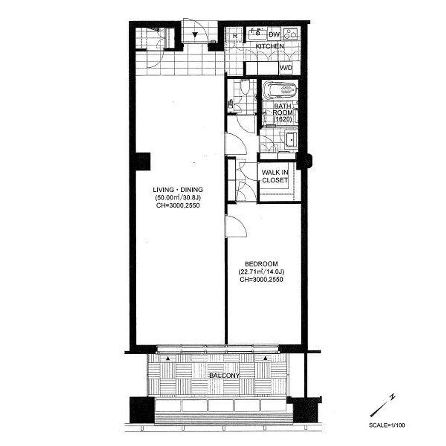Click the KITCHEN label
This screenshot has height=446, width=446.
coord(269,46)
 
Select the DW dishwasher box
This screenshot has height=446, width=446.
coord(274,35)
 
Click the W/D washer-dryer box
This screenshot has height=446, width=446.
coord(287,68)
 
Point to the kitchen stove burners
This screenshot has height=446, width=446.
coord(290,34)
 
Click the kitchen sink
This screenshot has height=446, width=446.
coord(257,34)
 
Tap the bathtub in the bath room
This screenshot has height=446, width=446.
coord(280,90)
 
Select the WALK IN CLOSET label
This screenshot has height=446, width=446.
coord(275,176)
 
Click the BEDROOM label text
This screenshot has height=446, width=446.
coord(261,264)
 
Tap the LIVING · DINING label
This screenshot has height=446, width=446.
coord(178,190)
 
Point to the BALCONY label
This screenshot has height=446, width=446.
coord(224,376)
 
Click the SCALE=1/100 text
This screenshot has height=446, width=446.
coord(387,426)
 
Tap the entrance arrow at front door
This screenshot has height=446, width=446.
coord(195,35)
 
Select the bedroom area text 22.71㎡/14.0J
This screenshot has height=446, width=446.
coord(261,272)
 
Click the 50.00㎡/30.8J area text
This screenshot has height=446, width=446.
coord(178,198)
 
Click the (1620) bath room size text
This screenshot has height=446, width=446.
coord(282,119)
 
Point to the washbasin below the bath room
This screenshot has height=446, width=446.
coord(291,139)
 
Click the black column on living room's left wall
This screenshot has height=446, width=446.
coord(143,162)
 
